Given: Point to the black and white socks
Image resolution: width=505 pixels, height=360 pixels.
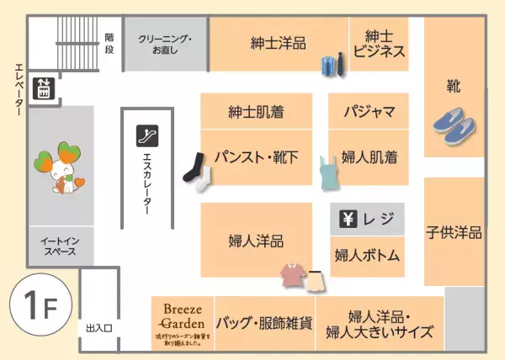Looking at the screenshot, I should tap(199, 172).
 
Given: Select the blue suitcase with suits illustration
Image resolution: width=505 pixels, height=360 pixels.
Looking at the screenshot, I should tap(332, 65).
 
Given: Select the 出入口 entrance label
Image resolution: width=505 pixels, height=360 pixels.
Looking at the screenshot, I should tap(99, 327).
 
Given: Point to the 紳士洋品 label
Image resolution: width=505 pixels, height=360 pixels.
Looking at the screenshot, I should tap(278, 43).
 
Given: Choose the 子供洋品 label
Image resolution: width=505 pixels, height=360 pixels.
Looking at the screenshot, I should tap(454, 231).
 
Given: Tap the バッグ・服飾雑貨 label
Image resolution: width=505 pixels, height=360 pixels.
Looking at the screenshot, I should tap(264, 323).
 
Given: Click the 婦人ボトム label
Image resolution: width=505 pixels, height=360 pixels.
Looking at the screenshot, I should tap(366, 254).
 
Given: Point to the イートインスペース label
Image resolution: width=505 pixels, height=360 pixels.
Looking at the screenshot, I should tap(60, 246).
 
